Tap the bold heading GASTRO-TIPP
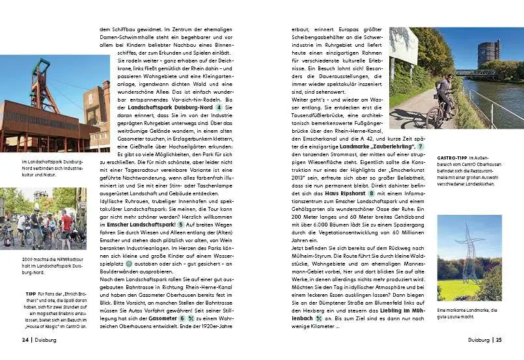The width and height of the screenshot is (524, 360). tap(451, 158)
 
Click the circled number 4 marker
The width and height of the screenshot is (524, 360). tap(183, 107)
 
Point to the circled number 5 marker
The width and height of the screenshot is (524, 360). tap(181, 225)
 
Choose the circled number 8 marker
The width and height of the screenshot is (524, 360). tap(371, 193)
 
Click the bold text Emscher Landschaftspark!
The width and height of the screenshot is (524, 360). tap(141, 225)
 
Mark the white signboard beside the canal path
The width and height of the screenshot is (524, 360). tap(404, 46)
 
